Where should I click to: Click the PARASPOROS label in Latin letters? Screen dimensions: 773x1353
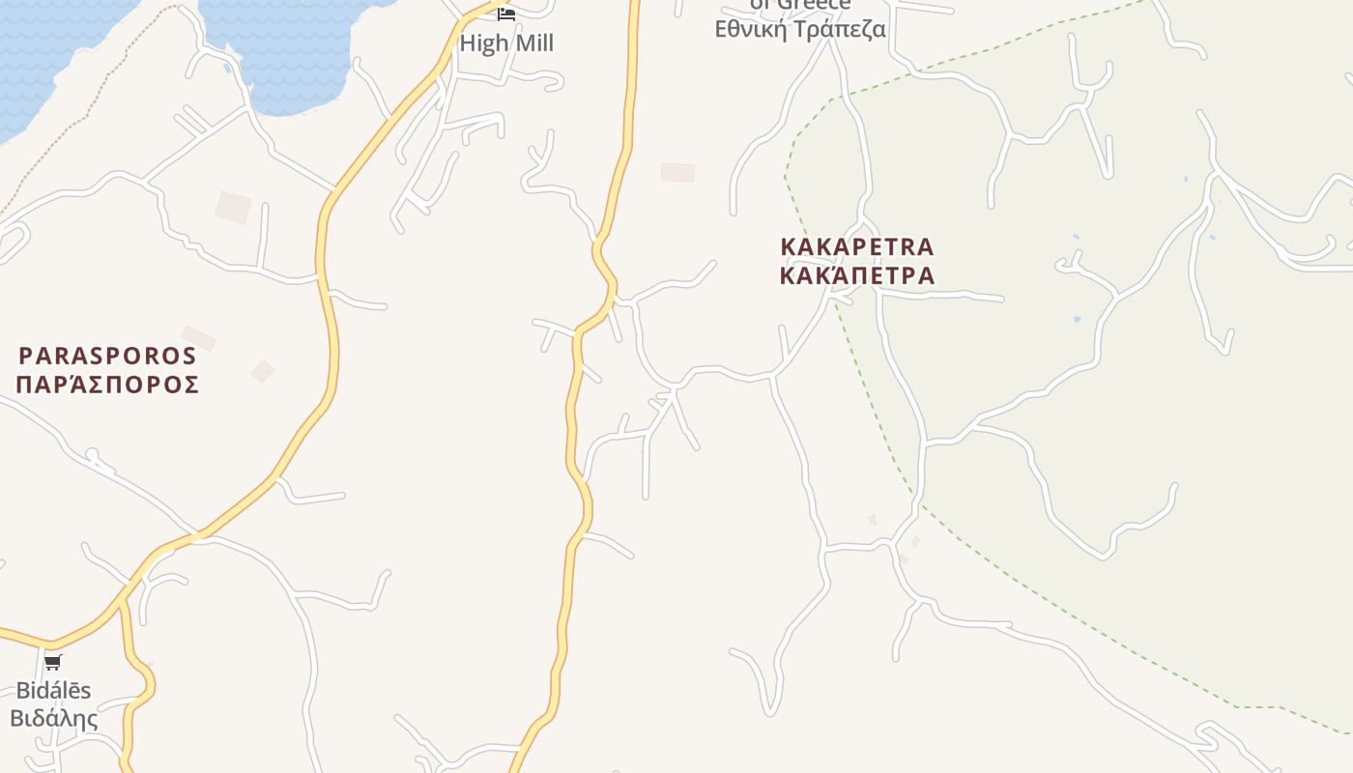[107, 356]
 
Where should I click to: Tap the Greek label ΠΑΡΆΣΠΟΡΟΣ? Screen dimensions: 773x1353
[107, 385]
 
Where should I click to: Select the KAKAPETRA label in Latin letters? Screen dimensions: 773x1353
[856, 246]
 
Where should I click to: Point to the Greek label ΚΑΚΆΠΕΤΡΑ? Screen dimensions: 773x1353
[856, 275]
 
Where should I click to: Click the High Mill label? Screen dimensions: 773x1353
[506, 43]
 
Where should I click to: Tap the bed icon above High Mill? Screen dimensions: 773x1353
[506, 14]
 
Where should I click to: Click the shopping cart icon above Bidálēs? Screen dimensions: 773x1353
[53, 662]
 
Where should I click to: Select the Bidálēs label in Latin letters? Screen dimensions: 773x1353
[53, 690]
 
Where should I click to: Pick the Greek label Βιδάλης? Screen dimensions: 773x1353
[54, 719]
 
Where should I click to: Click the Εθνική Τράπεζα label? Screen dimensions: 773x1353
[800, 29]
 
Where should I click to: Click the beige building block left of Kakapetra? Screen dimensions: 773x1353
[677, 172]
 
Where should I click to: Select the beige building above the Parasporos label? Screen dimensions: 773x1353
[233, 207]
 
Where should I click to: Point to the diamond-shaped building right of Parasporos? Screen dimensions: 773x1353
[262, 371]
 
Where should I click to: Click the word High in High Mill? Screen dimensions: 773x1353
[480, 43]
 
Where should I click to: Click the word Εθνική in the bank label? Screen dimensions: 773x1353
[750, 29]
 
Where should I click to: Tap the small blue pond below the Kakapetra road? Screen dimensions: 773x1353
[1077, 319]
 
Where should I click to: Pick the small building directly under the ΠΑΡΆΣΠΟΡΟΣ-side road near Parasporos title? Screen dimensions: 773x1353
[198, 338]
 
